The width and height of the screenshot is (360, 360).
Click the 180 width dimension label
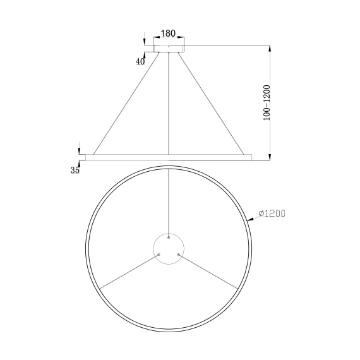(x=168, y=33)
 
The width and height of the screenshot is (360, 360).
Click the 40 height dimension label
(x=140, y=61)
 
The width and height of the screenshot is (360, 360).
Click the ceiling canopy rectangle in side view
(x=169, y=46)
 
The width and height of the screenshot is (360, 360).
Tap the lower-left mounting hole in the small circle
(x=159, y=255)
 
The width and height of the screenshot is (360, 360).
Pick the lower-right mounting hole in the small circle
(x=179, y=255)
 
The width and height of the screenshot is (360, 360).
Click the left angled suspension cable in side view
(x=126, y=104)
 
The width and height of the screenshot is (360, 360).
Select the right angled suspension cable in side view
(x=212, y=104)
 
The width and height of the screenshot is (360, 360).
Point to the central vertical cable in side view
(x=169, y=104)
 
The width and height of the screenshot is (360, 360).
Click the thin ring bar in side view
(x=169, y=156)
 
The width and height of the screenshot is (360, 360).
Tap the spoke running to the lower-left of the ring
(x=129, y=272)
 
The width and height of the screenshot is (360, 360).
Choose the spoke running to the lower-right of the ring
(x=208, y=272)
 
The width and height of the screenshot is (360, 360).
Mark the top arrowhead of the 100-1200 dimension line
(x=270, y=48)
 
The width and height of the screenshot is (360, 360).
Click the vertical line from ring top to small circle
(x=169, y=202)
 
